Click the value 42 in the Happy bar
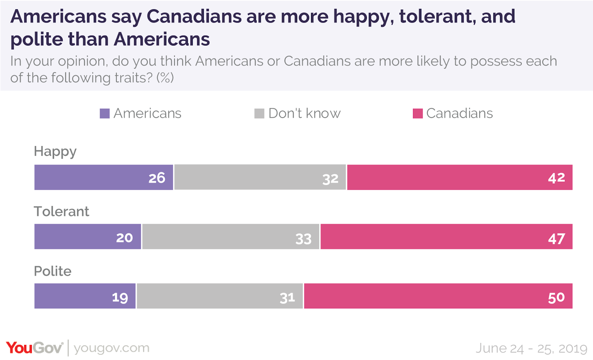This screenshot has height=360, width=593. point(556,178)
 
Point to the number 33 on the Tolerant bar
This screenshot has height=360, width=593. point(303,239)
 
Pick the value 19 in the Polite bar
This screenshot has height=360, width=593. point(120,297)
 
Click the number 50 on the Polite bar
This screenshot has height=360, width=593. point(556,297)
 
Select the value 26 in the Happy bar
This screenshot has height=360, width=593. point(157,178)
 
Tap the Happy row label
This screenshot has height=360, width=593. point(55,152)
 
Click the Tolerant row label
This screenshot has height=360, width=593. point(62,211)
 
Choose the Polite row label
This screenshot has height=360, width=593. point(53,271)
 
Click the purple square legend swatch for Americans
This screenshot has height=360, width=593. point(105,113)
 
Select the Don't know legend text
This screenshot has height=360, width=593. point(304,113)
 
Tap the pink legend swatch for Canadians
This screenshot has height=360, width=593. point(418,113)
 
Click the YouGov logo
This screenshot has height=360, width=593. point(34,348)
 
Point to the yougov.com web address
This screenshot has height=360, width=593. point(112,348)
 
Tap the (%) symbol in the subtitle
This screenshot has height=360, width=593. point(165,78)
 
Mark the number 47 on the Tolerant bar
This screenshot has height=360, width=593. point(556,239)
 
